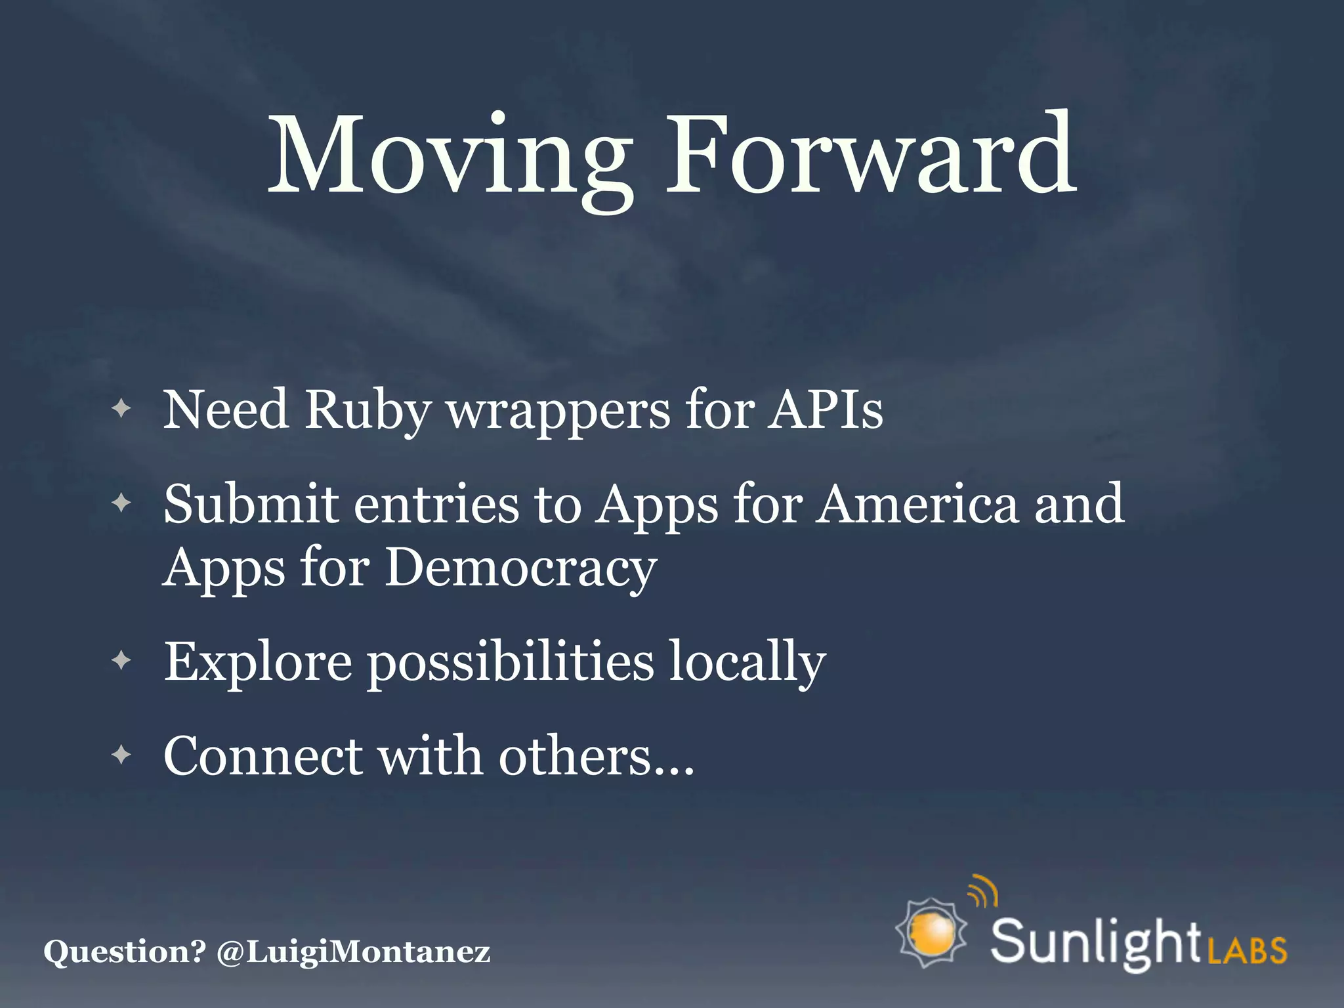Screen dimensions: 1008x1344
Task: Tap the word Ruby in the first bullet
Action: pyautogui.click(x=367, y=411)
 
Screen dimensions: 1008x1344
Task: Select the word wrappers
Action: pyautogui.click(x=558, y=413)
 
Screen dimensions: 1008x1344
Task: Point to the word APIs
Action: pyautogui.click(x=826, y=409)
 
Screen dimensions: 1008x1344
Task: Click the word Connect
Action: pyautogui.click(x=263, y=755)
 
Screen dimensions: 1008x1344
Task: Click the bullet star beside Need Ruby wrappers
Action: pyautogui.click(x=121, y=409)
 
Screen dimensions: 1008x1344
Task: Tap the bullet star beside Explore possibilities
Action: pyautogui.click(x=121, y=660)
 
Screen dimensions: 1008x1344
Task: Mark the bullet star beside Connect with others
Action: pyautogui.click(x=121, y=754)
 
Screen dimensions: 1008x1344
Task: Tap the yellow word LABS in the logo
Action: pyautogui.click(x=1247, y=950)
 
